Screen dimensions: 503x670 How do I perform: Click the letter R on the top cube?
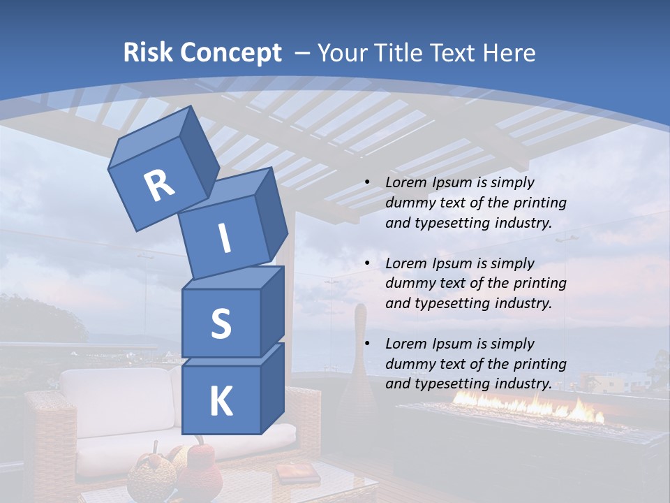(x=159, y=186)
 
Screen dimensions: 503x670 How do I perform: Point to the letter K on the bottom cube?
(x=221, y=402)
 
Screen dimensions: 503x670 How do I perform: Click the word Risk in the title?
(x=148, y=53)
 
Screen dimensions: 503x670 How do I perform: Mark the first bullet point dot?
(x=367, y=183)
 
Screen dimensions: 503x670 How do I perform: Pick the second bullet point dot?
(x=367, y=264)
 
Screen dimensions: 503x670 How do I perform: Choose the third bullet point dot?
(x=367, y=344)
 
